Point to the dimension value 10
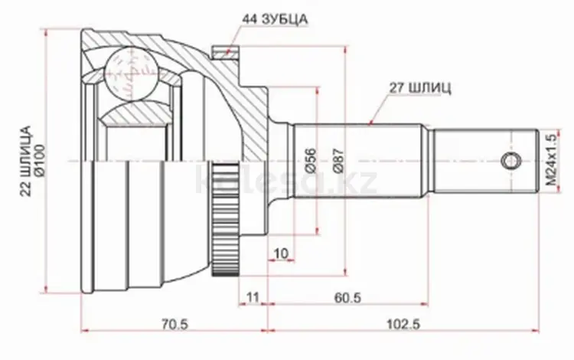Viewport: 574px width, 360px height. tap(281, 254)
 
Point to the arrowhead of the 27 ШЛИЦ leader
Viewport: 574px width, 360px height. tap(370, 123)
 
